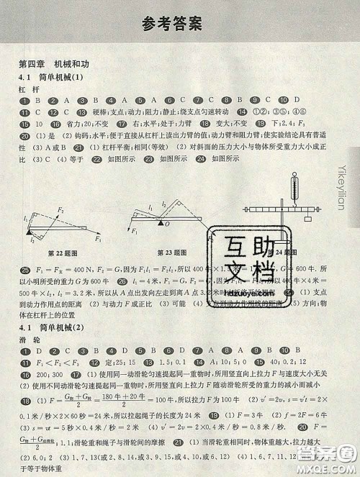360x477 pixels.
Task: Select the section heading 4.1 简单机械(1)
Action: [51, 77]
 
